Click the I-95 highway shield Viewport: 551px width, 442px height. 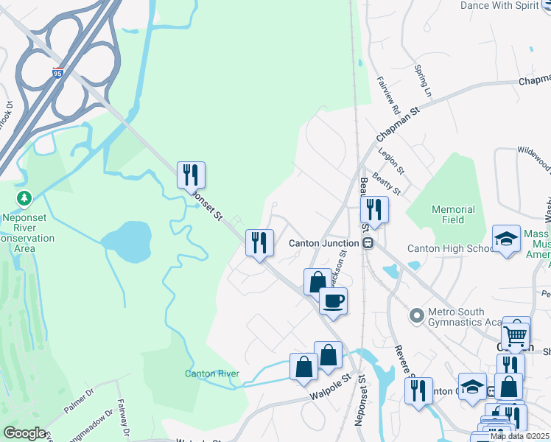tap(58, 73)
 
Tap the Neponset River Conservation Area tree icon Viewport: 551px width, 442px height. tap(25, 199)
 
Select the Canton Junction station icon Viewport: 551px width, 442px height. tap(367, 243)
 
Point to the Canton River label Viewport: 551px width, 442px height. tap(211, 373)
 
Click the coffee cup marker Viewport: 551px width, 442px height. tap(333, 301)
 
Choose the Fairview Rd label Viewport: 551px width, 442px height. tap(388, 96)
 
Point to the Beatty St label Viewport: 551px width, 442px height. tap(386, 180)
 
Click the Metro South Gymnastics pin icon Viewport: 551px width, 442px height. tap(417, 316)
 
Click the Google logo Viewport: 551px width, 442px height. tap(24, 433)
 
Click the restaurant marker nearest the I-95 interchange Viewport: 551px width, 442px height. tap(191, 175)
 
